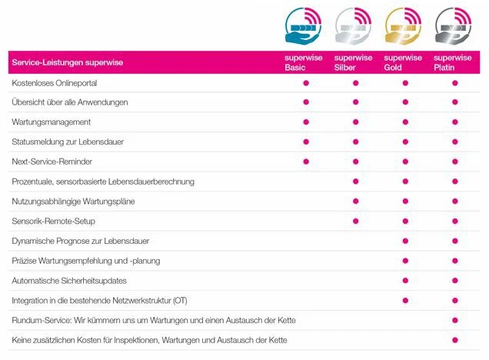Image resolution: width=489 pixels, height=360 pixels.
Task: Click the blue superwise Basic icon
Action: [304, 26]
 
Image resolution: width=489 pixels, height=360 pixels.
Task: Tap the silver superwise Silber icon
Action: [354, 26]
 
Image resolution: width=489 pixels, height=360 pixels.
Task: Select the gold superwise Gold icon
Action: [404, 26]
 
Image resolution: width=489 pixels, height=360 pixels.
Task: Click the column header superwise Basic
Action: [296, 62]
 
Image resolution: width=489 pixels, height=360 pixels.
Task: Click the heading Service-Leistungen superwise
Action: [68, 62]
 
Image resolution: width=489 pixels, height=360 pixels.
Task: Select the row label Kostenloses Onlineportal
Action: [54, 82]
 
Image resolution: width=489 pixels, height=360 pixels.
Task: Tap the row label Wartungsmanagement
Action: [52, 122]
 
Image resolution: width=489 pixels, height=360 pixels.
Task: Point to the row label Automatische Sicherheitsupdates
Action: [69, 280]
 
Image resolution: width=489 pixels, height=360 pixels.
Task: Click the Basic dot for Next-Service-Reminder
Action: [306, 162]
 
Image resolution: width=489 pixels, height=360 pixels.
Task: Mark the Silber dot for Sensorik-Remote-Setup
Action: [355, 221]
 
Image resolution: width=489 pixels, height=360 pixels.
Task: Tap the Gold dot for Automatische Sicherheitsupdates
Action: [405, 280]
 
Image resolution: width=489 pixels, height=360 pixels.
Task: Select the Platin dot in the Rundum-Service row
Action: [455, 320]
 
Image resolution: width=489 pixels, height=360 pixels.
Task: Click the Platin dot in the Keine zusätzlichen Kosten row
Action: [455, 340]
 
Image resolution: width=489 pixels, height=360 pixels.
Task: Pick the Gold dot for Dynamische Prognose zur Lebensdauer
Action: [405, 241]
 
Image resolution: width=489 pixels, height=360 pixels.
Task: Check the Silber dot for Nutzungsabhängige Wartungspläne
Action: [355, 201]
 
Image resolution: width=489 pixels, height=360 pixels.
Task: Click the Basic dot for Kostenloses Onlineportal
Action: [306, 82]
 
